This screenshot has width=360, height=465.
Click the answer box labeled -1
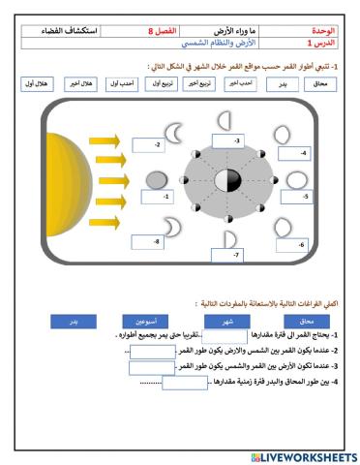pos(156,197)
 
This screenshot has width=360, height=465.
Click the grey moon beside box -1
pos(156,179)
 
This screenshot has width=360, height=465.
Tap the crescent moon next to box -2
pos(175,131)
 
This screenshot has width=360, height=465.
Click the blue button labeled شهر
pos(228,320)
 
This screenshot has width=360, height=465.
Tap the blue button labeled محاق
pos(307,320)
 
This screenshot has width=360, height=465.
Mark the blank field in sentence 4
pos(185,383)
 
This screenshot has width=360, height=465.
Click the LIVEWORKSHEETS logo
pos(303,456)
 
